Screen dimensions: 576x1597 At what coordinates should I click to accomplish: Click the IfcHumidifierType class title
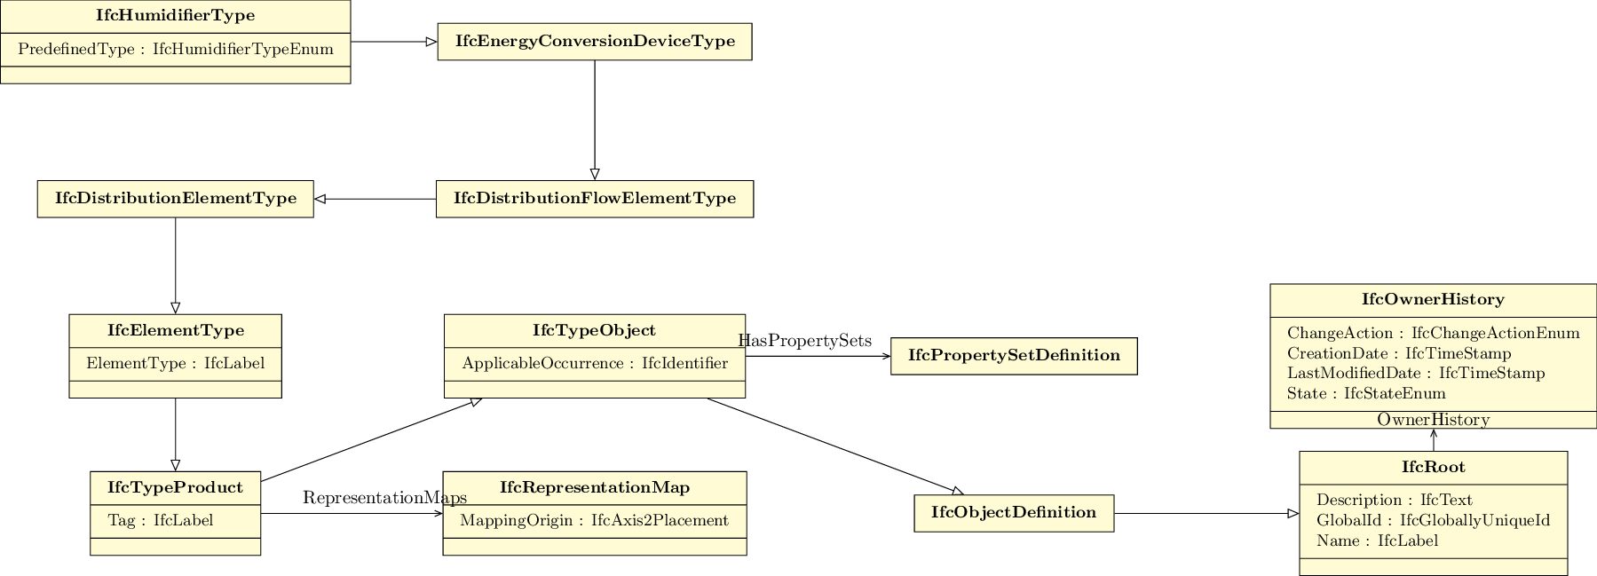[x=175, y=16]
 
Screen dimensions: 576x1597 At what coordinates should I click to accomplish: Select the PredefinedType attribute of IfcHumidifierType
[x=175, y=50]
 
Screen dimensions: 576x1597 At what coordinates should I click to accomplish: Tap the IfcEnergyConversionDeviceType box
[x=594, y=42]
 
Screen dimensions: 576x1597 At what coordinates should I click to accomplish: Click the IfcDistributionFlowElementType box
[x=594, y=199]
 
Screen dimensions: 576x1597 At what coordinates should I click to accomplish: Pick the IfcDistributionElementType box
[x=175, y=199]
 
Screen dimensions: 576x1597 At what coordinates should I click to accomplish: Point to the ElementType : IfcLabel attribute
[x=175, y=364]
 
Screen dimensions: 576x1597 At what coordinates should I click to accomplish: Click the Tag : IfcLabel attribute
[x=160, y=521]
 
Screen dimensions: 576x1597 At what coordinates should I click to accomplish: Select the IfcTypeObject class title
[x=594, y=331]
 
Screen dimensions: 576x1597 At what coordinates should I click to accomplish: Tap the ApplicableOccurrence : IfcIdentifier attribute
[x=594, y=364]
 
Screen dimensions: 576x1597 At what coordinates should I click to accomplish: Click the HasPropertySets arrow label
[x=804, y=342]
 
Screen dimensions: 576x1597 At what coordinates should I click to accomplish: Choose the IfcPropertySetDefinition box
[x=1013, y=356]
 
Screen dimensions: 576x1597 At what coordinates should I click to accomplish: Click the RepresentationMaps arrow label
[x=383, y=498]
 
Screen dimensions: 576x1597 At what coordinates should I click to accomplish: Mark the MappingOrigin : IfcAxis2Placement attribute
[x=594, y=521]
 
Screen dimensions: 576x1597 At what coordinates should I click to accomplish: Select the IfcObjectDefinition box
[x=1013, y=513]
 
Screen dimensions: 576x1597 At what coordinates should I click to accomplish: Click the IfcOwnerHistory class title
[x=1432, y=300]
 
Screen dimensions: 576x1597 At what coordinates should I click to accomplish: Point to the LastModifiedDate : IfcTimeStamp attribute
[x=1415, y=374]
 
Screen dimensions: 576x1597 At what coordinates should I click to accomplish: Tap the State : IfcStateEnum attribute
[x=1365, y=394]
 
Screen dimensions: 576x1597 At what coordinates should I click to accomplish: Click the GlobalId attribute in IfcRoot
[x=1432, y=521]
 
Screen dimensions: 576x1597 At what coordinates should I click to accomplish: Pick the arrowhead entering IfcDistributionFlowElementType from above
[x=594, y=174]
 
